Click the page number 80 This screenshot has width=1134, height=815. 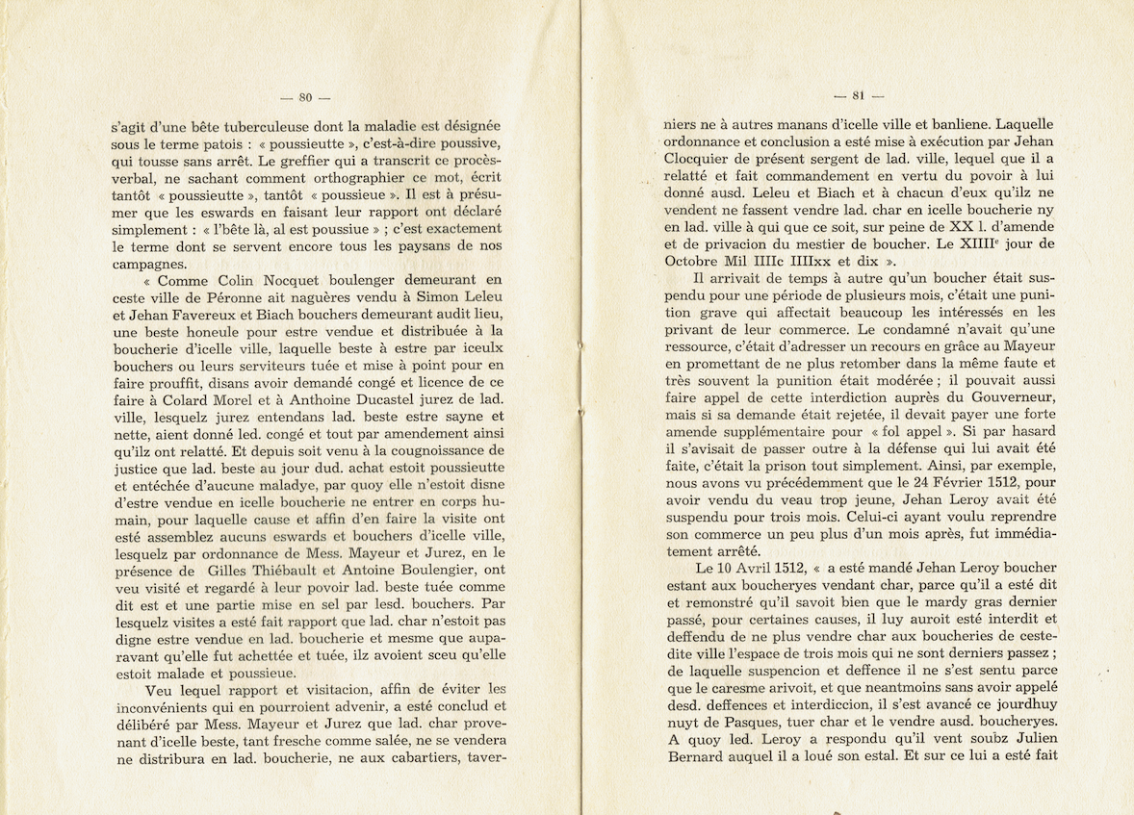pos(305,96)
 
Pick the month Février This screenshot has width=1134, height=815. pos(966,484)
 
